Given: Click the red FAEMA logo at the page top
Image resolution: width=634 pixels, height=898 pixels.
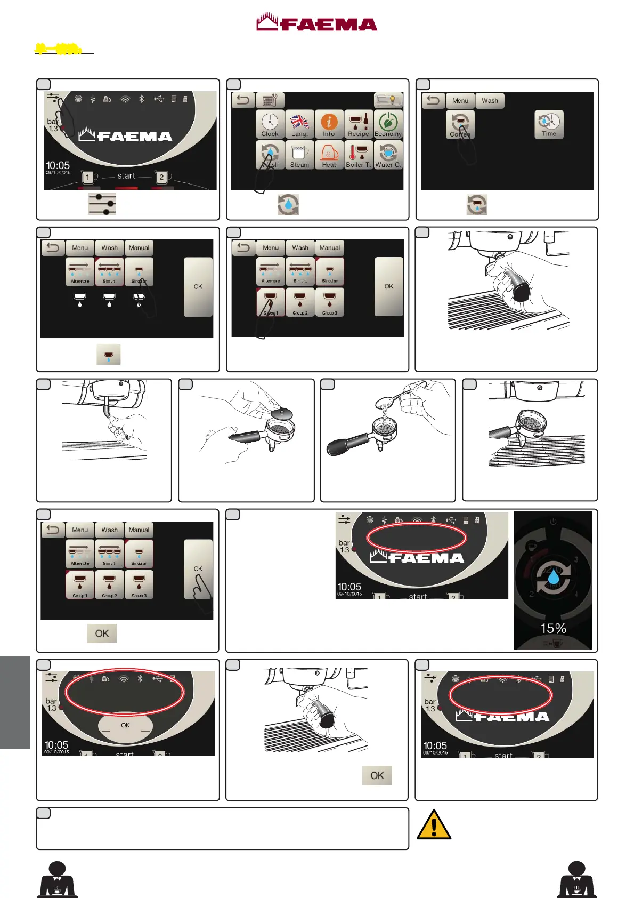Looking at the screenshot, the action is [x=316, y=22].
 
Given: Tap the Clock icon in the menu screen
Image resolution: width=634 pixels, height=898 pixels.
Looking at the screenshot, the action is [x=270, y=124].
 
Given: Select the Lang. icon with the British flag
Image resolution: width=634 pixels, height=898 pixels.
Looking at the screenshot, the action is [x=299, y=124].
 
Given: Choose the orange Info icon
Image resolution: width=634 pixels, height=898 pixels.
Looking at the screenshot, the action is [x=329, y=124].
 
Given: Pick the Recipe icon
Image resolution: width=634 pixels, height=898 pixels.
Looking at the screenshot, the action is [x=359, y=124].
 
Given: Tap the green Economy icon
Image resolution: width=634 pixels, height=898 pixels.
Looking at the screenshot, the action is [x=388, y=124].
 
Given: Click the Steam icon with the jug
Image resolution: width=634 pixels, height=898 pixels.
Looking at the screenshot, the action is [x=299, y=155].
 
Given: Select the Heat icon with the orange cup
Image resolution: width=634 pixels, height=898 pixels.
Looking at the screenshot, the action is [x=329, y=155].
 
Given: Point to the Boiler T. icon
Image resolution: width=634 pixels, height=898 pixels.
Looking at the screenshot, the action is [x=359, y=155].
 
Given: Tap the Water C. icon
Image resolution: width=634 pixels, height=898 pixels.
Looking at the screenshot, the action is [x=388, y=155].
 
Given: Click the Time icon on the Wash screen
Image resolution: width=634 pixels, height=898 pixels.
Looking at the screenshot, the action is [x=549, y=124].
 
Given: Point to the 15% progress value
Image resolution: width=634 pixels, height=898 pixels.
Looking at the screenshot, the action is [x=553, y=628].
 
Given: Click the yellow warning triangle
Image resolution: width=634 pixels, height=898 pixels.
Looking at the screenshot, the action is [x=434, y=825].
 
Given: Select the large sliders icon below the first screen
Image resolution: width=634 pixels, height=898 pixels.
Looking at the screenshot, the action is [x=102, y=204].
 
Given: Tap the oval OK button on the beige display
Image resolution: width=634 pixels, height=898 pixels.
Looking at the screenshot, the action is [x=125, y=725].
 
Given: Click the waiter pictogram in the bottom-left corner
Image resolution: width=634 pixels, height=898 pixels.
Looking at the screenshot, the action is [x=57, y=879].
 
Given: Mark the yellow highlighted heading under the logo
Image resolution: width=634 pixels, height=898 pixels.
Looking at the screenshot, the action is [x=59, y=50].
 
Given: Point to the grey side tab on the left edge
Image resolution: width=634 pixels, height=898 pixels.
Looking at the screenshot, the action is [x=14, y=702].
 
